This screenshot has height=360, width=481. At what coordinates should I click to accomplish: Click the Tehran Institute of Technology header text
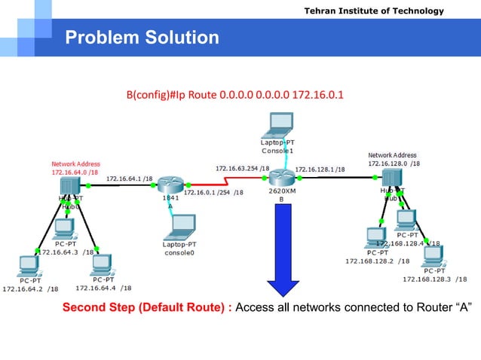point(384,11)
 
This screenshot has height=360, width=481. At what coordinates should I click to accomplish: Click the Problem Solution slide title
point(142,37)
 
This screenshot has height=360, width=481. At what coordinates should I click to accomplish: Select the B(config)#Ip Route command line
point(234,96)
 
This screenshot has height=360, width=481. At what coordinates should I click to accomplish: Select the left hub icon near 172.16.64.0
point(70,185)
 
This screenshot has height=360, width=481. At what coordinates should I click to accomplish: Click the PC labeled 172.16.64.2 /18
point(29,266)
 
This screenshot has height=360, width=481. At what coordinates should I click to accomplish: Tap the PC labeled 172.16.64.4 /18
point(100,263)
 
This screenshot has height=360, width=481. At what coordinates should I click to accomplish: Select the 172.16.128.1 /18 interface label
point(320,169)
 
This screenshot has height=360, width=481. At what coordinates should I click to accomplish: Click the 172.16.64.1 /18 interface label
point(130,178)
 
